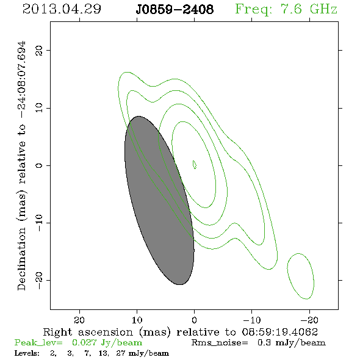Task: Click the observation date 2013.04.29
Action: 62,9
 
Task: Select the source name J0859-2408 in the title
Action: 175,10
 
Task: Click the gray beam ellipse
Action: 159,200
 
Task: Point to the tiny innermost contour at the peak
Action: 195,165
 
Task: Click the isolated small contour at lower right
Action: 301,276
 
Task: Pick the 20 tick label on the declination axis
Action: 39,50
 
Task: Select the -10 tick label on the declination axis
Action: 39,223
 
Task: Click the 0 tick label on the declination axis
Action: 39,165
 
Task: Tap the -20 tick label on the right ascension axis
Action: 309,320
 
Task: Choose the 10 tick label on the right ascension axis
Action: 137,320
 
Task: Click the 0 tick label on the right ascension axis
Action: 194,320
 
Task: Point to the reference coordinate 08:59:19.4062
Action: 279,332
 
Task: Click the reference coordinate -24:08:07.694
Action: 22,80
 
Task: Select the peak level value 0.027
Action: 84,342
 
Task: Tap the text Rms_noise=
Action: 220,342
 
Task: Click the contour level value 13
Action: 103,353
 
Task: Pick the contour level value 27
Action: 121,353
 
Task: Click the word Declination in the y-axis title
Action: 21,259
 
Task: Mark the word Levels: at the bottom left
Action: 27,353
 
